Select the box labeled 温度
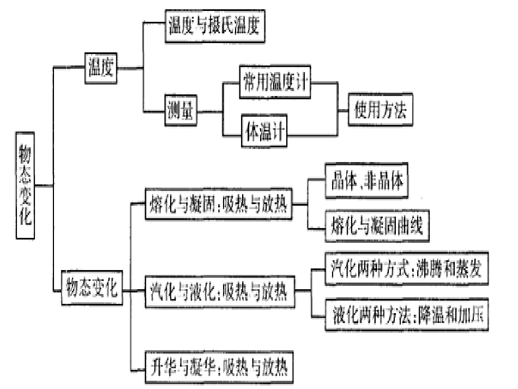pyautogui.click(x=101, y=68)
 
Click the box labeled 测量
pyautogui.click(x=181, y=111)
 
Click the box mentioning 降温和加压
pyautogui.click(x=406, y=315)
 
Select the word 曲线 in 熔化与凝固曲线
pyautogui.click(x=413, y=225)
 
